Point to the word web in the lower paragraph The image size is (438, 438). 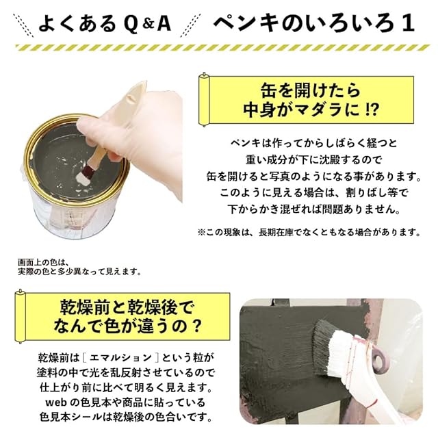click(55, 402)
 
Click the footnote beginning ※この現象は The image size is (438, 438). click(309, 232)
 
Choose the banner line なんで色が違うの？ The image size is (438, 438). click(127, 326)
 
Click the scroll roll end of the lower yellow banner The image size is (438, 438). click(20, 316)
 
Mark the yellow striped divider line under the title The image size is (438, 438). click(222, 47)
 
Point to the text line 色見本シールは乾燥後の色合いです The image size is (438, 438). click(126, 417)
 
